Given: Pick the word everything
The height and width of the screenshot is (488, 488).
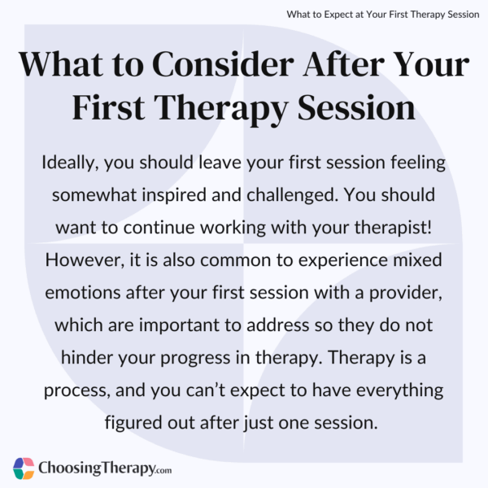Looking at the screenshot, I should click(x=392, y=390).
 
